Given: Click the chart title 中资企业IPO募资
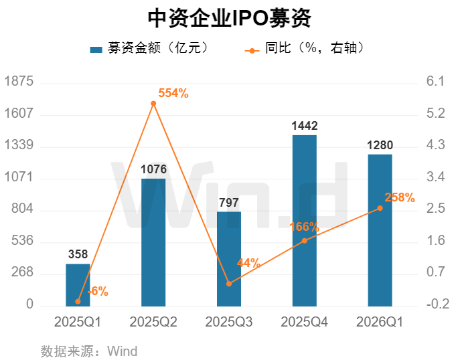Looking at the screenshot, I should [228, 18].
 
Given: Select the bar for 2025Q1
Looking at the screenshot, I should [78, 284].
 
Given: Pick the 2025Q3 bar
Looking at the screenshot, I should [229, 258].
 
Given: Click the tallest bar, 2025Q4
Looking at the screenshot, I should [305, 221].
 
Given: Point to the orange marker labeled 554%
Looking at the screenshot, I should [153, 104].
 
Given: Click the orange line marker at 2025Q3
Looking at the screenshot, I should [229, 284].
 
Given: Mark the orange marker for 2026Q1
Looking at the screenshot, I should [380, 208].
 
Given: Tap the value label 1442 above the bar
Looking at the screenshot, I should [305, 126].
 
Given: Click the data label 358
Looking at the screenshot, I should [78, 254].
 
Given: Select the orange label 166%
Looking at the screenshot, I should [304, 228].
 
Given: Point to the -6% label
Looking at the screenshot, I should [98, 291].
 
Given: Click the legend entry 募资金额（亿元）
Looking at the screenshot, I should [151, 48].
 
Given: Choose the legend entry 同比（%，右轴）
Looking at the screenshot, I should [305, 48].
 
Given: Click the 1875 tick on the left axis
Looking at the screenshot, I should [19, 82].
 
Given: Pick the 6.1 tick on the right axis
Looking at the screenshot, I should [435, 82].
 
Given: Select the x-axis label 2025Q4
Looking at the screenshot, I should [305, 322].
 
